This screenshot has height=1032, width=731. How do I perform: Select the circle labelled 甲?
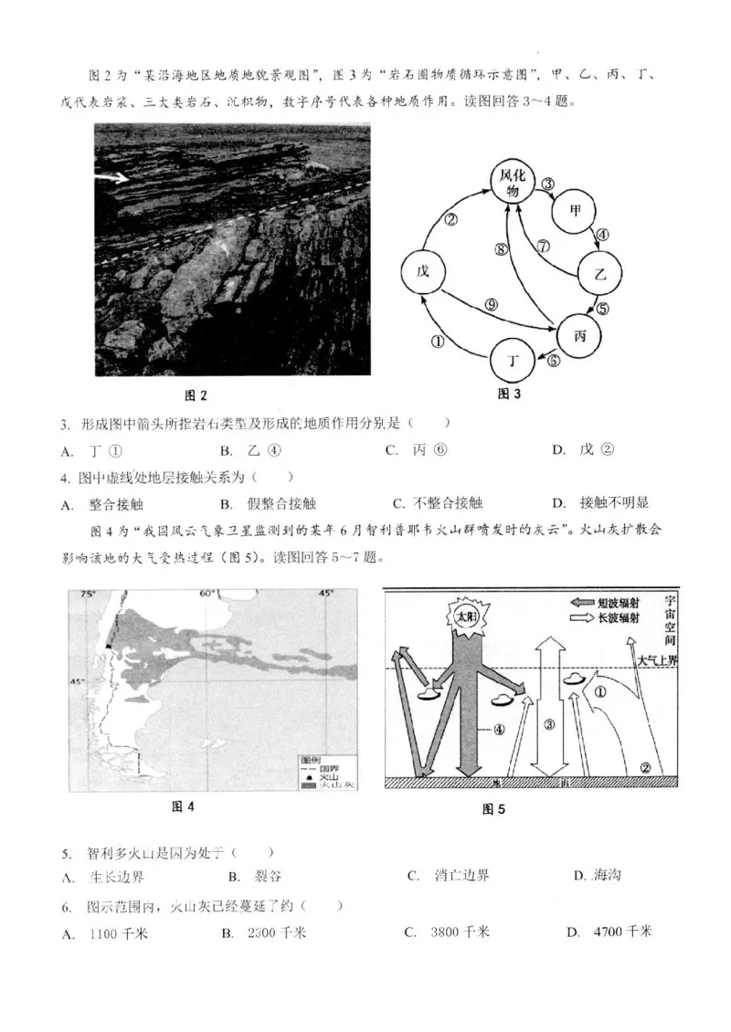[575, 210]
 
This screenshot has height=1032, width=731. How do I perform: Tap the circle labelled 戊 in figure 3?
[422, 273]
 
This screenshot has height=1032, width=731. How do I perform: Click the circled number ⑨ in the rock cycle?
[492, 305]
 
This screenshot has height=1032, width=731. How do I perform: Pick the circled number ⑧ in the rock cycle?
[501, 249]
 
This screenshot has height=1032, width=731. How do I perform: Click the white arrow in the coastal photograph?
[115, 179]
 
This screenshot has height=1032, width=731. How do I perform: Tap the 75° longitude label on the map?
[88, 595]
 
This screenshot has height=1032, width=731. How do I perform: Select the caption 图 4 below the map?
[185, 806]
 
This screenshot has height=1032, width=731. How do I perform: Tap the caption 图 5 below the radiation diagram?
[493, 808]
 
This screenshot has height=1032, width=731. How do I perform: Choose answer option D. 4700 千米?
[609, 932]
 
